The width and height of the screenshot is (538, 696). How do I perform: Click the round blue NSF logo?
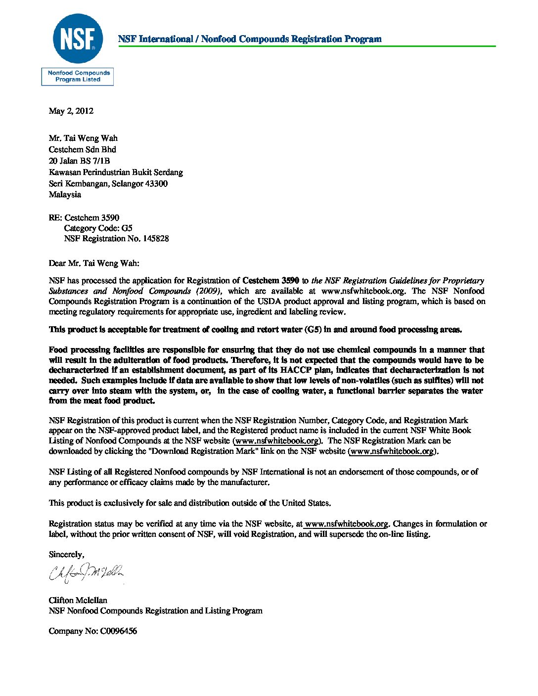click(78, 39)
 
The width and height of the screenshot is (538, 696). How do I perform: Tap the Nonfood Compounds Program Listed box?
click(78, 77)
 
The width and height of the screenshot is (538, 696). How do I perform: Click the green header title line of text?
click(250, 39)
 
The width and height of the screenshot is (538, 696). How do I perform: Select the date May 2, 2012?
click(71, 111)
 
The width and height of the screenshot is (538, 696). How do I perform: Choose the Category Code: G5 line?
click(98, 228)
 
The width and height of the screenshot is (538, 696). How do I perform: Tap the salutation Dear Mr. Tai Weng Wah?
click(94, 263)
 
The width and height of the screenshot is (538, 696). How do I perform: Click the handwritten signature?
click(87, 573)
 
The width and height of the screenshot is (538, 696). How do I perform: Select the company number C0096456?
click(118, 631)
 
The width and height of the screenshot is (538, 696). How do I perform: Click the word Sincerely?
click(66, 555)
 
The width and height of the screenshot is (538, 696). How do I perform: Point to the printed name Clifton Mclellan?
click(78, 600)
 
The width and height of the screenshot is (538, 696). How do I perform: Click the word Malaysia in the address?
click(65, 194)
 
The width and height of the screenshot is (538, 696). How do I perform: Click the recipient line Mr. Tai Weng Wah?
click(83, 138)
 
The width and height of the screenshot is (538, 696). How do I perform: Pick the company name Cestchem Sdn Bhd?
click(82, 149)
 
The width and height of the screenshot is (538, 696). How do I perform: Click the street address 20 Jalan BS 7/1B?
click(79, 161)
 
